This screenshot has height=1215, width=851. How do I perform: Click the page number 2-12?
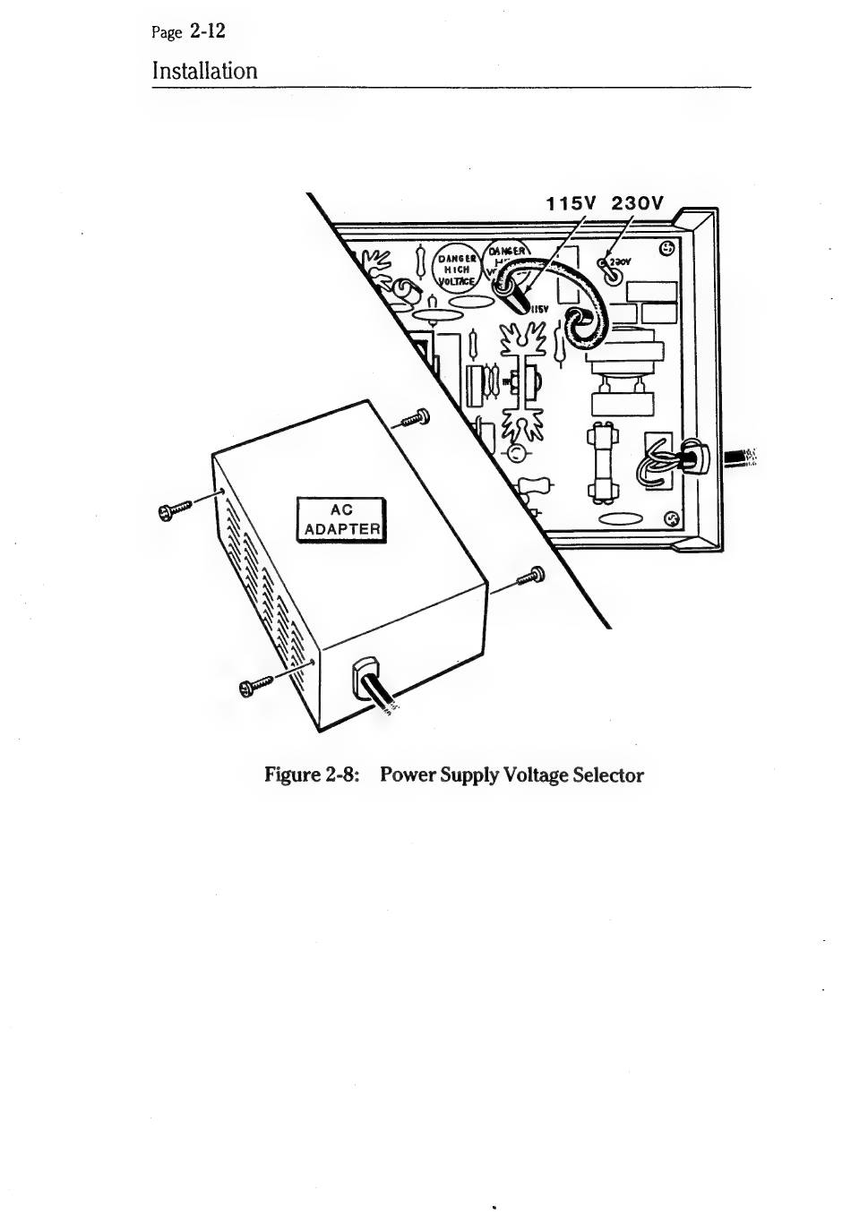(207, 31)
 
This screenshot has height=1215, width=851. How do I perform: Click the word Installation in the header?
(204, 71)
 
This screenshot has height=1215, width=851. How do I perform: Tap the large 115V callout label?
(572, 203)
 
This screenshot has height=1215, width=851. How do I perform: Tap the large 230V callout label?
(637, 203)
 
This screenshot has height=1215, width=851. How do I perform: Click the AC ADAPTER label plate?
(341, 519)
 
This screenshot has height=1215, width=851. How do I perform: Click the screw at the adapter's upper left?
(173, 511)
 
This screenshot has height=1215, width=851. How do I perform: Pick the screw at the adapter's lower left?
(254, 687)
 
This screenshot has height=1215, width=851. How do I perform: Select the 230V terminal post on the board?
(613, 272)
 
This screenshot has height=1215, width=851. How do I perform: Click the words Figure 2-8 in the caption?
(312, 774)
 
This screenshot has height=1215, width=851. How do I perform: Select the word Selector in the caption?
(608, 774)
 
